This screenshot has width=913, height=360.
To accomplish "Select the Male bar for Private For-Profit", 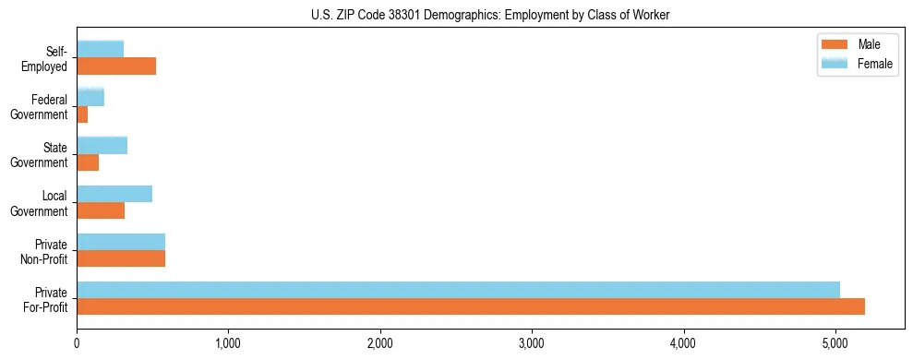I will click(x=471, y=306).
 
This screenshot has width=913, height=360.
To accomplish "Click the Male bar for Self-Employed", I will click(x=116, y=66).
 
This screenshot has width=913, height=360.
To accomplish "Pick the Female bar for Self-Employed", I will click(x=100, y=49).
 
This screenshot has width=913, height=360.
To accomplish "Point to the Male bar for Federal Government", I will click(x=82, y=114).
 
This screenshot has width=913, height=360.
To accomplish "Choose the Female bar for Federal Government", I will click(x=90, y=97).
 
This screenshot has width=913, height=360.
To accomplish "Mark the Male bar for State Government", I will click(x=88, y=162).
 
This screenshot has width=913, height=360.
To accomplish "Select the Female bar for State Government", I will click(x=102, y=145).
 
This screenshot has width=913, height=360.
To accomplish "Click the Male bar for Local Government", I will click(x=101, y=210).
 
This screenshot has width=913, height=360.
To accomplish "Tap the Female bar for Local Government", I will click(x=114, y=194).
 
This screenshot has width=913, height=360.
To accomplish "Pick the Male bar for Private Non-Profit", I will click(x=121, y=258).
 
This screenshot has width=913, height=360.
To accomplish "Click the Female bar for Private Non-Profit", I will click(x=121, y=242).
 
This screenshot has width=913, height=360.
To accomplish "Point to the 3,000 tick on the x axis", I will click(x=532, y=344).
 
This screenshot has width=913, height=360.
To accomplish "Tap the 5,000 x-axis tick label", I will click(x=835, y=344).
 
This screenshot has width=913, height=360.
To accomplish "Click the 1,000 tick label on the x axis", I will click(x=228, y=344).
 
